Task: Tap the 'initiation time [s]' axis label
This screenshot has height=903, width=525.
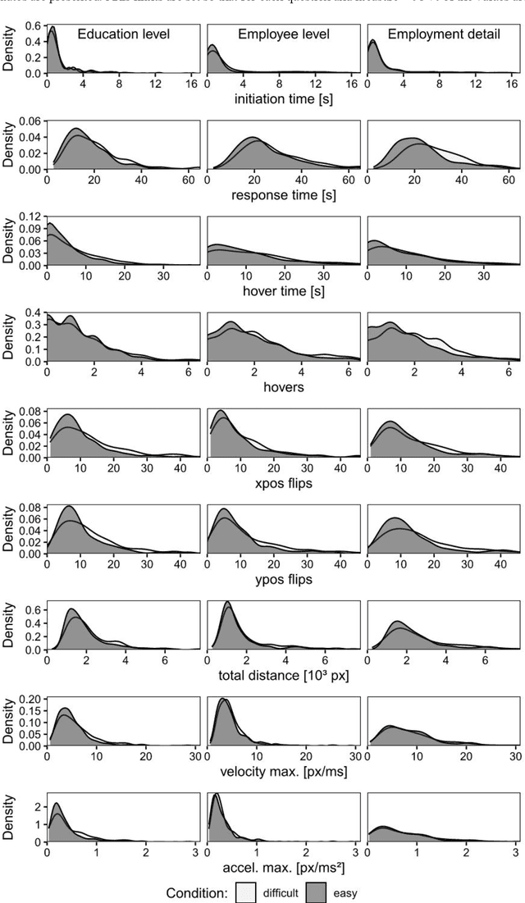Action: click(x=283, y=99)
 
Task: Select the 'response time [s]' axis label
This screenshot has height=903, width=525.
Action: click(x=283, y=195)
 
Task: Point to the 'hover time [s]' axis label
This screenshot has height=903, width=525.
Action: click(x=283, y=291)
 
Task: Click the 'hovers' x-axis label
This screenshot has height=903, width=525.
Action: click(x=283, y=387)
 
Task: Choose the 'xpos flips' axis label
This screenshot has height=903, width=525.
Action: click(x=283, y=483)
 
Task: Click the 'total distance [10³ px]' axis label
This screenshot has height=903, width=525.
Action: click(x=283, y=675)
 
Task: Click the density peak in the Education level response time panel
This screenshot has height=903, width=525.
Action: click(x=76, y=129)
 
